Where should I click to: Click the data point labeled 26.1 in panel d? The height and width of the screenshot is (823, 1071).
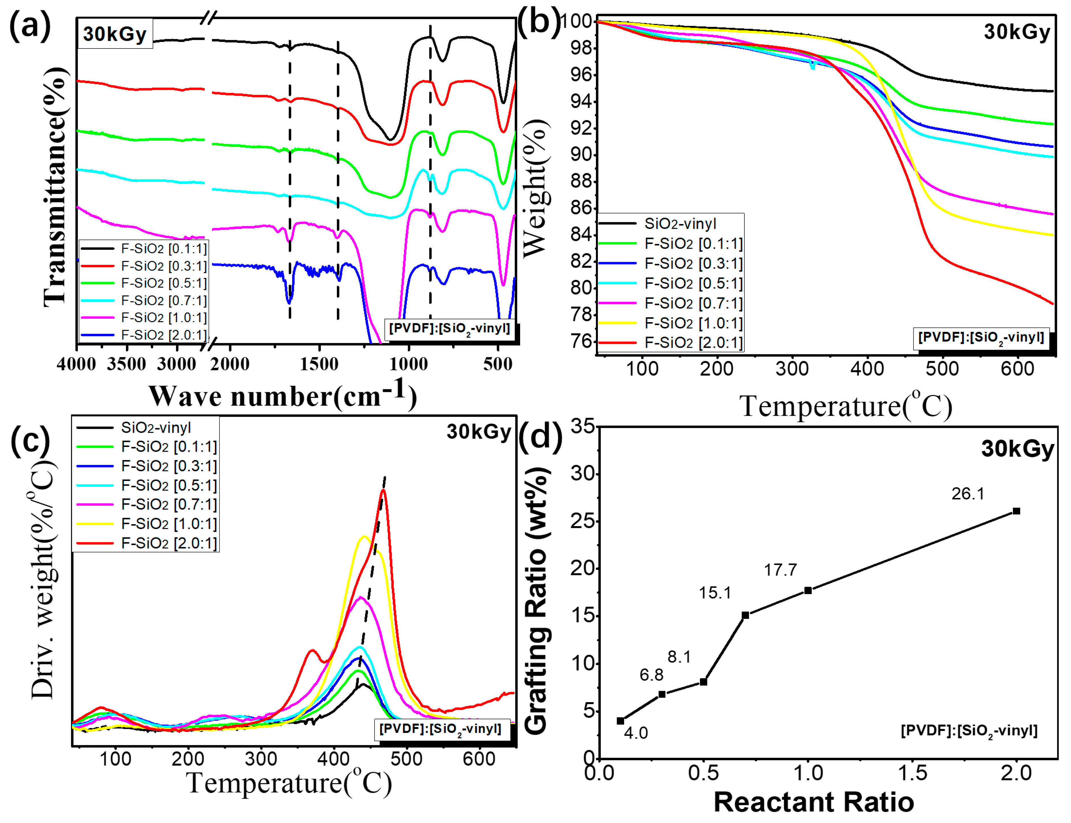pos(1016,511)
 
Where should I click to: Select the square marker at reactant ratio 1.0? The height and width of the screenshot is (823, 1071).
pos(808,590)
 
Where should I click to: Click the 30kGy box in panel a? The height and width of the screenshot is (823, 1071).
pos(115,34)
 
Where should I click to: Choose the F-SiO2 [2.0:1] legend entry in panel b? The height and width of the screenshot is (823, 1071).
pos(693,342)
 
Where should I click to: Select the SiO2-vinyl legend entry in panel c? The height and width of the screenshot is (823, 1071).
pos(155,428)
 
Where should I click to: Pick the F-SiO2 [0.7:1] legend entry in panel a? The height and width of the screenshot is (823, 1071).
pos(164,300)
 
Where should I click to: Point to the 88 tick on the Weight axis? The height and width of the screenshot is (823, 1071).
pos(582,182)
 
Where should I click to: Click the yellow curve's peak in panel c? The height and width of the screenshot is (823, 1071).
pos(364,537)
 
